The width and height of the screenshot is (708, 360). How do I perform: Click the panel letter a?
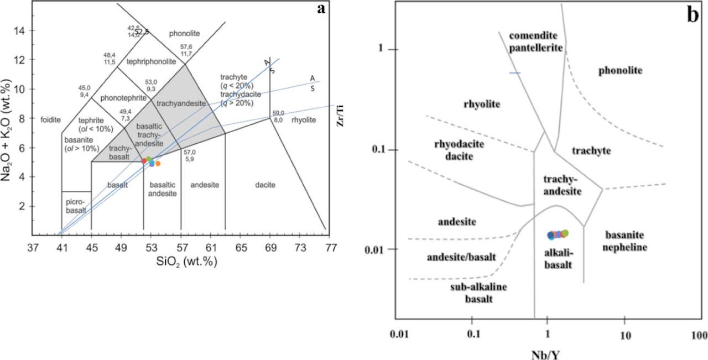321,9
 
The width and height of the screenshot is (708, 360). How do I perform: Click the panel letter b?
693,15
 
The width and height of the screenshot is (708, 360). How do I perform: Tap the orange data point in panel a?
158,164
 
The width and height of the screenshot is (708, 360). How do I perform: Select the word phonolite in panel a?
184,34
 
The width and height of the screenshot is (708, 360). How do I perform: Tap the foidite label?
50,119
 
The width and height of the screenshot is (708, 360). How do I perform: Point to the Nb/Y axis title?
546,352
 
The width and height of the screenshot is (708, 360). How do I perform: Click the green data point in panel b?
565,233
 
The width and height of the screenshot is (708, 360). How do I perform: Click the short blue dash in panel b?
515,73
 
